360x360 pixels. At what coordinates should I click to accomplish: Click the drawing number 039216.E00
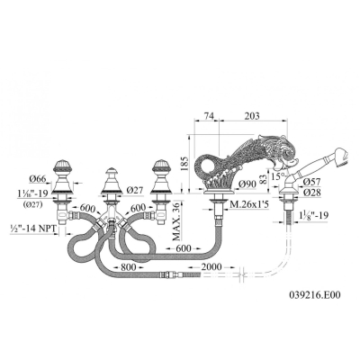click(x=315, y=295)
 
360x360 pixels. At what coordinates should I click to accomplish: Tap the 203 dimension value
click(x=252, y=116)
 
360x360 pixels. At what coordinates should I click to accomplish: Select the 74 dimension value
click(x=209, y=116)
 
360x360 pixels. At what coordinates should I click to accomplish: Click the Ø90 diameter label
click(x=248, y=184)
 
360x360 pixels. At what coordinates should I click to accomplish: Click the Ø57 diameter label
click(x=311, y=182)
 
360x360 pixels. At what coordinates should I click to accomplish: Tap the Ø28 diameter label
click(x=311, y=193)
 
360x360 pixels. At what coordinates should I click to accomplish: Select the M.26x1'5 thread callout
click(x=248, y=205)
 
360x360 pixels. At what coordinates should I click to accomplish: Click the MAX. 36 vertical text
click(x=176, y=221)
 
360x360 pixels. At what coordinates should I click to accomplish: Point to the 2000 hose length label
click(x=211, y=266)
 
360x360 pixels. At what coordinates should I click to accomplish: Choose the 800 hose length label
click(x=128, y=266)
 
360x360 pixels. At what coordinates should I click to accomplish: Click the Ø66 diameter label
click(x=38, y=179)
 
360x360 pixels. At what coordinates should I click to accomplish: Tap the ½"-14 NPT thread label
click(x=33, y=229)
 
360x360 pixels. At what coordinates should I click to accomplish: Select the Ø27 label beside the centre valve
click(x=135, y=190)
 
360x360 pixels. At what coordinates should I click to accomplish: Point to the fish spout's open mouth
click(x=286, y=161)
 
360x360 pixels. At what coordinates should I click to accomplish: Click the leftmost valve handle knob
click(x=63, y=167)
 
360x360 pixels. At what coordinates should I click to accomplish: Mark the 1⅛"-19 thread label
click(x=313, y=215)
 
